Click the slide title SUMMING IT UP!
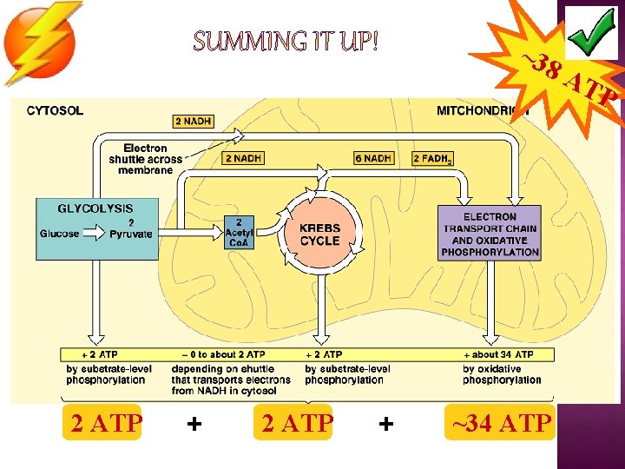(x=286, y=41)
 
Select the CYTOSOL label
(x=56, y=110)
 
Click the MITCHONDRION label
(x=482, y=110)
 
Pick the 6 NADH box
(x=373, y=158)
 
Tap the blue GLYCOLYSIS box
(x=96, y=228)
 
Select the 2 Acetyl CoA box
(x=240, y=233)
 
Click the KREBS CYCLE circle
(x=319, y=234)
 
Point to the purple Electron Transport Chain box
(x=490, y=234)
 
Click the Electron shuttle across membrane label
(x=146, y=159)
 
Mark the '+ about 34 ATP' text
(x=502, y=354)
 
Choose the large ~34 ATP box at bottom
(x=498, y=423)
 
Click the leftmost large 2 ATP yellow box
(x=107, y=423)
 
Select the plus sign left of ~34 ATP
(x=386, y=423)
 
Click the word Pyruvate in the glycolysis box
(x=131, y=234)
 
